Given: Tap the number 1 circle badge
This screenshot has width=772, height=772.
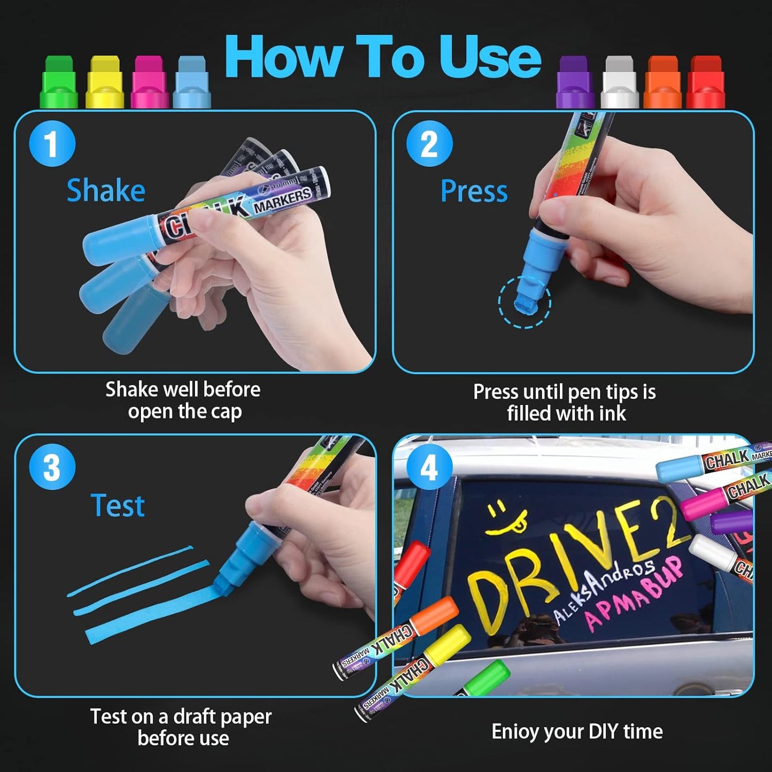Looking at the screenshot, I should click(x=52, y=143).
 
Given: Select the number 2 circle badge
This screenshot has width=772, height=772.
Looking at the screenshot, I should click(x=429, y=143).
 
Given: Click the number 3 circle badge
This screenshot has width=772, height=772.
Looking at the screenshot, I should click(x=52, y=467).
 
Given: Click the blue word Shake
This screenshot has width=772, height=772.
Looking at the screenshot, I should click(x=106, y=191).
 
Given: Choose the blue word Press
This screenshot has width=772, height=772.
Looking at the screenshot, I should click(x=474, y=191).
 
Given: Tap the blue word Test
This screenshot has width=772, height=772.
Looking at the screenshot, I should click(x=118, y=505).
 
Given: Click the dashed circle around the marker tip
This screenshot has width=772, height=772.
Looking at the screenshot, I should click(x=525, y=302).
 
